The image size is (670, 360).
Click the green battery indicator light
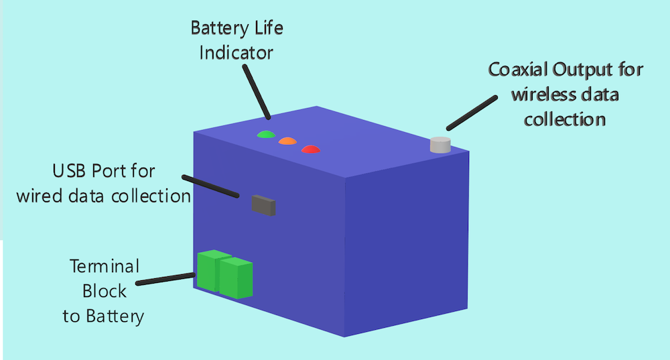pos(266,134)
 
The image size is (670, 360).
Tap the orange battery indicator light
pos(287,141)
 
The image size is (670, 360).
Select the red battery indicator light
pos(310,148)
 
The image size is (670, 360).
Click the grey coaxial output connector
pos(440,145)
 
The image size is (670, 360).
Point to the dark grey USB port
pos(263,205)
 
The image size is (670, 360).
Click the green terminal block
pos(224,274)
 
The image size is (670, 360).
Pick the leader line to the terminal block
pos(167,279)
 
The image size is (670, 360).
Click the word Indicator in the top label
pos(236,52)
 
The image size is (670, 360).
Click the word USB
pos(68,172)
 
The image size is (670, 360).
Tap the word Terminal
pos(105,266)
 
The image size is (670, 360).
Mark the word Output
pos(578,70)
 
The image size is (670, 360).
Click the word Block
pos(104,291)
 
